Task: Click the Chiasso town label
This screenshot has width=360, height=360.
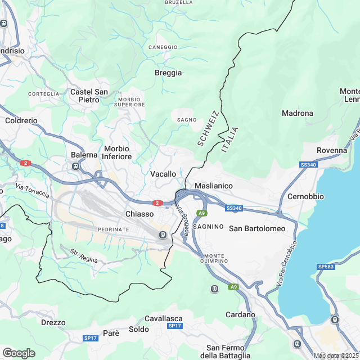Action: tap(139, 214)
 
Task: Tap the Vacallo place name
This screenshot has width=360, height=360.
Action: tap(163, 174)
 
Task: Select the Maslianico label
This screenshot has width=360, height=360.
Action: tap(213, 186)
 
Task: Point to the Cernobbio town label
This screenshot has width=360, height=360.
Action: tap(305, 197)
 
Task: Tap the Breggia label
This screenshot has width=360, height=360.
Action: tap(168, 73)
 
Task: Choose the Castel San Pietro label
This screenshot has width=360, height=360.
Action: tap(89, 96)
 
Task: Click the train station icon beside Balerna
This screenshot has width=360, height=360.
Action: tap(75, 166)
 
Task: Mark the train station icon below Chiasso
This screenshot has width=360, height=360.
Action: tap(163, 235)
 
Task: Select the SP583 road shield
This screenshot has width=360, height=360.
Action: tap(325, 266)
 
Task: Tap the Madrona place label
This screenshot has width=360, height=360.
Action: tap(297, 113)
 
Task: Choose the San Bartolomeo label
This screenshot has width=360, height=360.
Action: tap(257, 228)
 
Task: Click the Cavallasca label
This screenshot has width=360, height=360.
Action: tap(163, 318)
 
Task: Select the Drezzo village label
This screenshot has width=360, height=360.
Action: tap(53, 323)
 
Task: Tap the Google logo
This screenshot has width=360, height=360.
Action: tap(19, 353)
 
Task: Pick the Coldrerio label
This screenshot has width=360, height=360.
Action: tap(21, 120)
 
